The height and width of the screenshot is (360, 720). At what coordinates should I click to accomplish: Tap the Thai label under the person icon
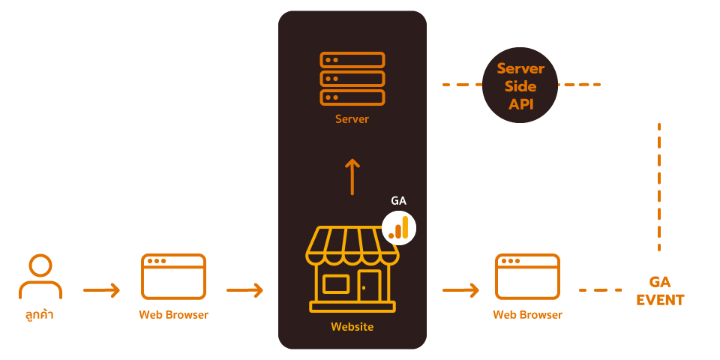40,315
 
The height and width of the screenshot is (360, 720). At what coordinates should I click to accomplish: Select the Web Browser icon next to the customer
173,277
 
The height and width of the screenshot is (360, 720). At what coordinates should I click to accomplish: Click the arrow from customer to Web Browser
101,289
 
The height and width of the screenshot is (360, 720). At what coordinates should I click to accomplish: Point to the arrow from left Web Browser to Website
244,289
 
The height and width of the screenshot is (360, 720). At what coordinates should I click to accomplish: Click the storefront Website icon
352,270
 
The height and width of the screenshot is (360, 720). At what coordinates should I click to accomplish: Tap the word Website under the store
352,327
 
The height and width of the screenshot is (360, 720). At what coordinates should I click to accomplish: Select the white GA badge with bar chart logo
399,226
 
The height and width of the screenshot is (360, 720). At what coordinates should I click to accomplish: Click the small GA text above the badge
399,201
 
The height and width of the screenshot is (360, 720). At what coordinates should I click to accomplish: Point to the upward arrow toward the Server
352,176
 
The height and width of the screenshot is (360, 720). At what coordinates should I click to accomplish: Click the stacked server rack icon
352,79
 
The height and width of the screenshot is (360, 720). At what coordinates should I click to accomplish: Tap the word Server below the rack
352,119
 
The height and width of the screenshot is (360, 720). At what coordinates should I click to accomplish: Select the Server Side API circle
520,85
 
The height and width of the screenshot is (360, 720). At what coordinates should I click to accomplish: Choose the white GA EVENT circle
660,291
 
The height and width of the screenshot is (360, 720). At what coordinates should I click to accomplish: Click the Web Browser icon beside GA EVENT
527,277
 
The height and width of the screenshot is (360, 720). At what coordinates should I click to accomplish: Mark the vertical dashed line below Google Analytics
659,187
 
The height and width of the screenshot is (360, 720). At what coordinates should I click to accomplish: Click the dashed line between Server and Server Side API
459,85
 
